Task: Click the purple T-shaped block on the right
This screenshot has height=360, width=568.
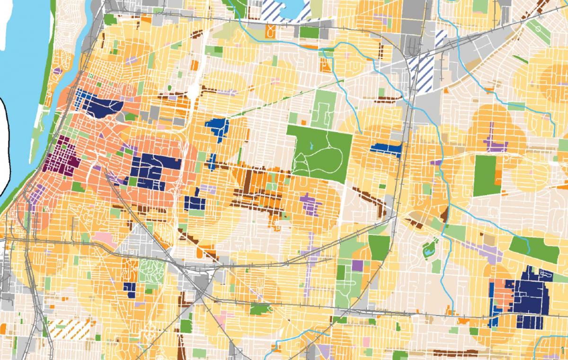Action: (x=494, y=140)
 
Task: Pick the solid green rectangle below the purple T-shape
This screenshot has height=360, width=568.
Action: (x=487, y=175)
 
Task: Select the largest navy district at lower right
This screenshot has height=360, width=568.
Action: (x=532, y=297)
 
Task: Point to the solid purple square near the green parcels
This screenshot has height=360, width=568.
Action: (x=357, y=266)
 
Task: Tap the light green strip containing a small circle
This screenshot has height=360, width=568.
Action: (x=539, y=31)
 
